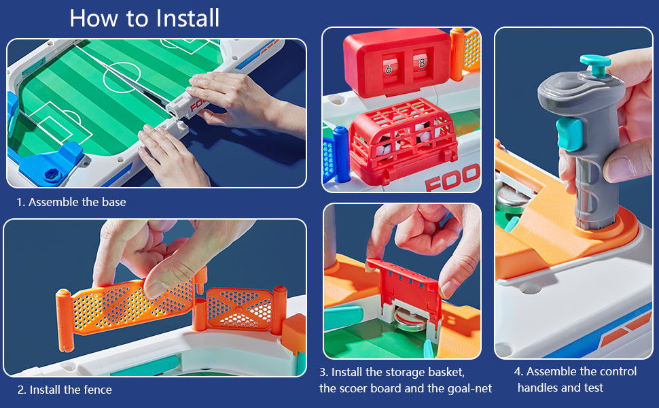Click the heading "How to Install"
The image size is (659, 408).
[x=144, y=18]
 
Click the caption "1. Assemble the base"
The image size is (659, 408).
[x=71, y=202]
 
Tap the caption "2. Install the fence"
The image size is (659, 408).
[x=65, y=390]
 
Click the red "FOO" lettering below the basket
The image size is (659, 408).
[x=452, y=179]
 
